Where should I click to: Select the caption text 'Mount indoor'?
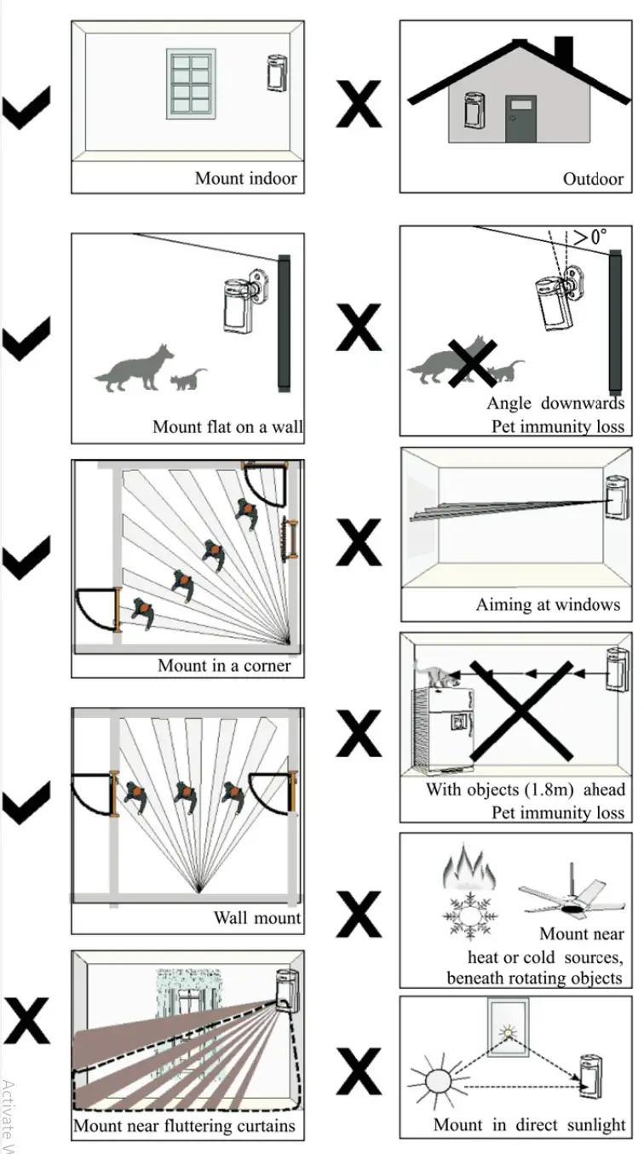[245, 178]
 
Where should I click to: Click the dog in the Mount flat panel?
[136, 369]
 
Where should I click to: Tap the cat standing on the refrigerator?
[441, 675]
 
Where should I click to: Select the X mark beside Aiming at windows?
[359, 542]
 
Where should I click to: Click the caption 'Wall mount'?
[256, 918]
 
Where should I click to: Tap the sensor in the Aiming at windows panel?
[616, 497]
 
